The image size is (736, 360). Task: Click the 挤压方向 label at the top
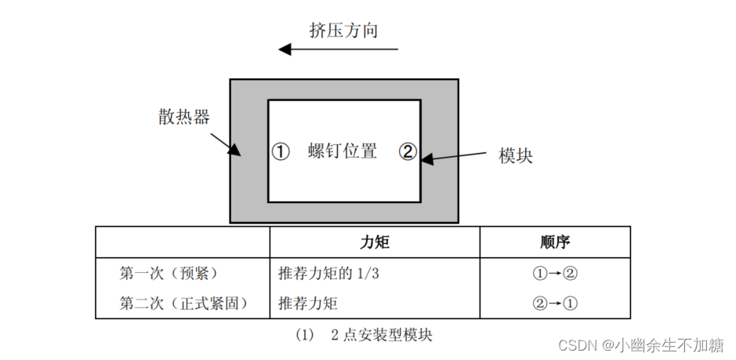tap(343, 31)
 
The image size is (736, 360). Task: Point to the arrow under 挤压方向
tap(339, 50)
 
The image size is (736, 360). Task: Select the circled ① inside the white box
tap(281, 151)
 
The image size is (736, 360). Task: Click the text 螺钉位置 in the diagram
tap(343, 151)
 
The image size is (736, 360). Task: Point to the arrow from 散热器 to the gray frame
tap(227, 142)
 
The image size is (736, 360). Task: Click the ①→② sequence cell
tap(555, 274)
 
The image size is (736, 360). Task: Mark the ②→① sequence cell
tap(555, 302)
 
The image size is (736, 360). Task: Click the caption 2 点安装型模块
tap(382, 335)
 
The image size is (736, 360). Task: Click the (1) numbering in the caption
tap(304, 335)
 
